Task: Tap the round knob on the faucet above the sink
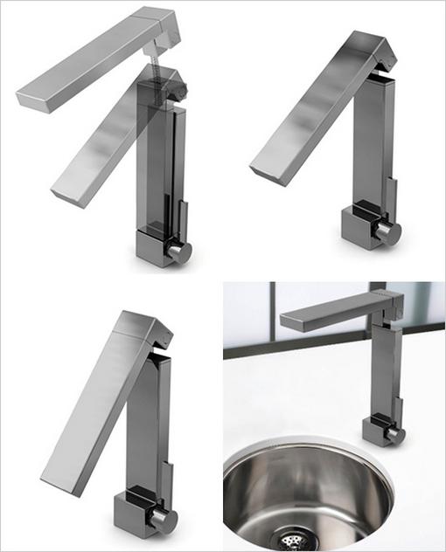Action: (394, 434)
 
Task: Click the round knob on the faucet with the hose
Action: (180, 252)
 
